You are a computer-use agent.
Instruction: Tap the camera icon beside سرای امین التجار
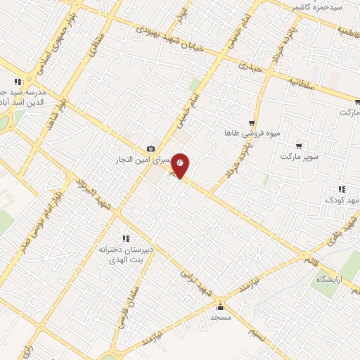(150, 148)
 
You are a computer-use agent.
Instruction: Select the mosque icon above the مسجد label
(220, 306)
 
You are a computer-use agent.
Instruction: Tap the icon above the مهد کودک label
(342, 189)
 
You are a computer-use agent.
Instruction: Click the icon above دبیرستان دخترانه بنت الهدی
(127, 239)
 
